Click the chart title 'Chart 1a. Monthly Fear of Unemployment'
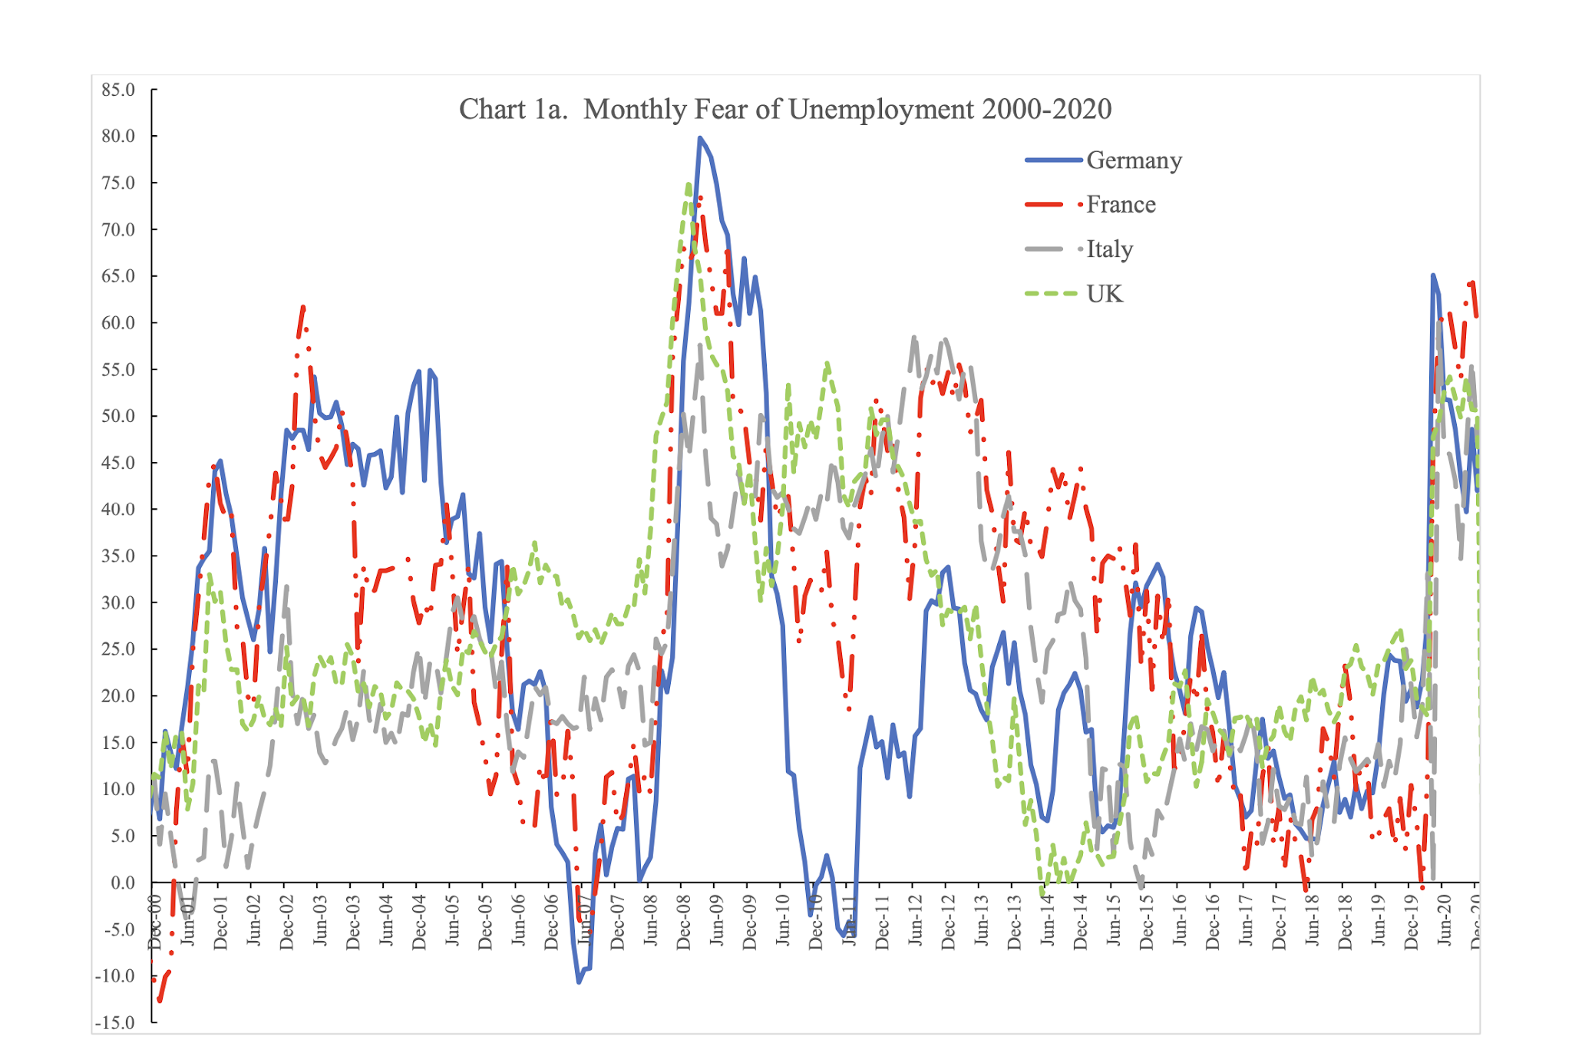point(784,110)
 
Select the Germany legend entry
point(1133,160)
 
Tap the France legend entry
point(1120,205)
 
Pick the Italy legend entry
point(1109,249)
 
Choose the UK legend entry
point(1104,294)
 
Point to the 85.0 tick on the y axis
point(118,90)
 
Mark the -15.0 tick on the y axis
point(115,1022)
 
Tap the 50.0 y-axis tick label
point(118,416)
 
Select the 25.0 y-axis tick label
point(118,649)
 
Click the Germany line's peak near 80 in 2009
point(700,138)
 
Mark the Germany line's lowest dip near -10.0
point(580,982)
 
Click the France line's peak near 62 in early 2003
point(303,308)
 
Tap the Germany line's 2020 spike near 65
point(1433,276)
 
